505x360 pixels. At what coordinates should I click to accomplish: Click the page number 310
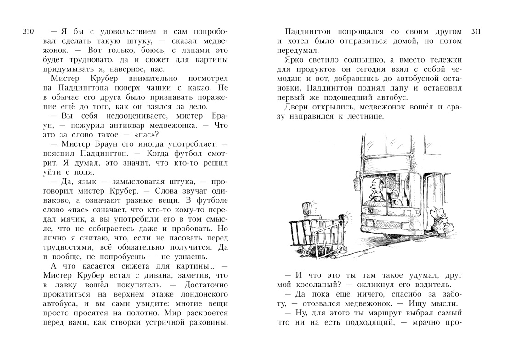coord(28,32)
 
